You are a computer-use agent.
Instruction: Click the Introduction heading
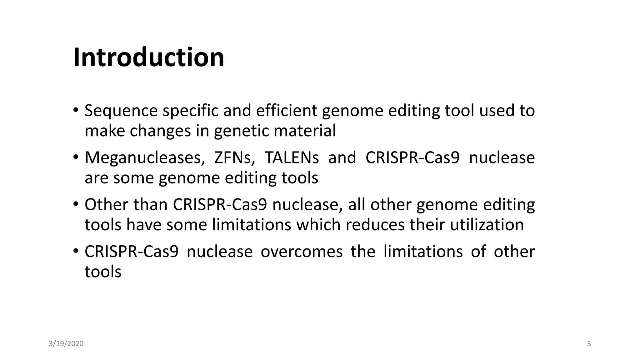pos(149,57)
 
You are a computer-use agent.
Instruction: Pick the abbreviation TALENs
pos(292,158)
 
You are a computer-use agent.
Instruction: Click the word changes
pos(160,131)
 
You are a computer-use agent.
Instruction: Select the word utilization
pos(487,225)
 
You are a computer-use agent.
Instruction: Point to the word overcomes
pos(302,252)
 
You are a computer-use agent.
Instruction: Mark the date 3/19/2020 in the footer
pos(66,344)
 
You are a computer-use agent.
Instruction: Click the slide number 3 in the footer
pos(589,344)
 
